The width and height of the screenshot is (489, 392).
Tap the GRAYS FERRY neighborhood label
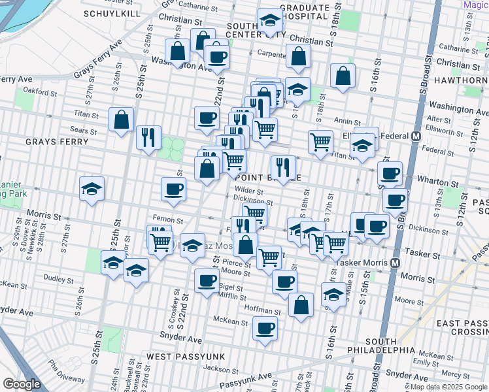tap(53, 142)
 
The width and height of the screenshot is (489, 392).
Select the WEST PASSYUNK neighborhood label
tap(184, 357)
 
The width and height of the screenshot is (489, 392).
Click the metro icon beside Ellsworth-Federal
tap(415, 137)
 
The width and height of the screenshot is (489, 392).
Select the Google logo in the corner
tap(22, 384)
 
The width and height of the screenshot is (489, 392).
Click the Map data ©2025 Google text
tap(449, 387)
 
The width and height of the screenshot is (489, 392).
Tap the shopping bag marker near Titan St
tap(122, 120)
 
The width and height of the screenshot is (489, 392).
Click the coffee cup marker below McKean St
tap(265, 328)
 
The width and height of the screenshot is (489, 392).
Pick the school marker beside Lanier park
tap(92, 189)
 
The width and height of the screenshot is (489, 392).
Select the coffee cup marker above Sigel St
tap(207, 281)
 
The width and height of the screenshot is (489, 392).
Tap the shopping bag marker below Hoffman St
tap(301, 304)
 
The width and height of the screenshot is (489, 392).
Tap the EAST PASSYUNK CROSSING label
tap(460, 329)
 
